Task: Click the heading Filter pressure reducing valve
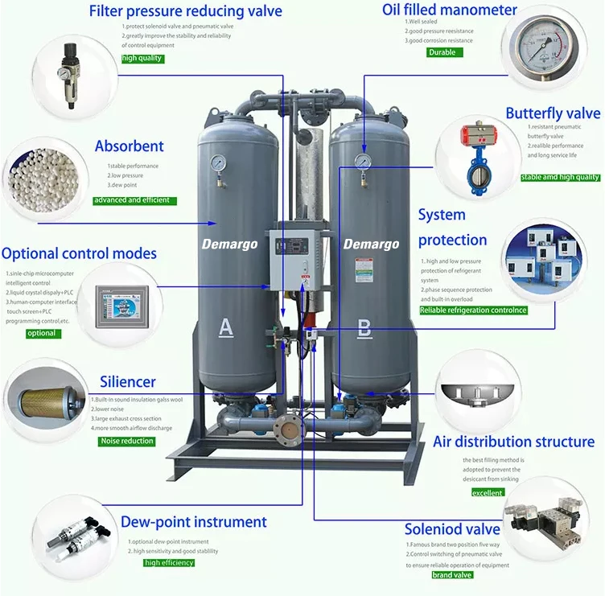pyautogui.click(x=185, y=11)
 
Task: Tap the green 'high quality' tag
pyautogui.click(x=142, y=59)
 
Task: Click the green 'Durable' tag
pyautogui.click(x=442, y=52)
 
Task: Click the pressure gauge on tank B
pyautogui.click(x=364, y=162)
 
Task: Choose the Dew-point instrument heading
pyautogui.click(x=193, y=522)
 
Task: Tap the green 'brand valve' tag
pyautogui.click(x=452, y=575)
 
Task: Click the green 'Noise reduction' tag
pyautogui.click(x=126, y=441)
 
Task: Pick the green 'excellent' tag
pyautogui.click(x=488, y=492)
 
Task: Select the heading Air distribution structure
pyautogui.click(x=513, y=442)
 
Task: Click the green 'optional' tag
pyautogui.click(x=42, y=333)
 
